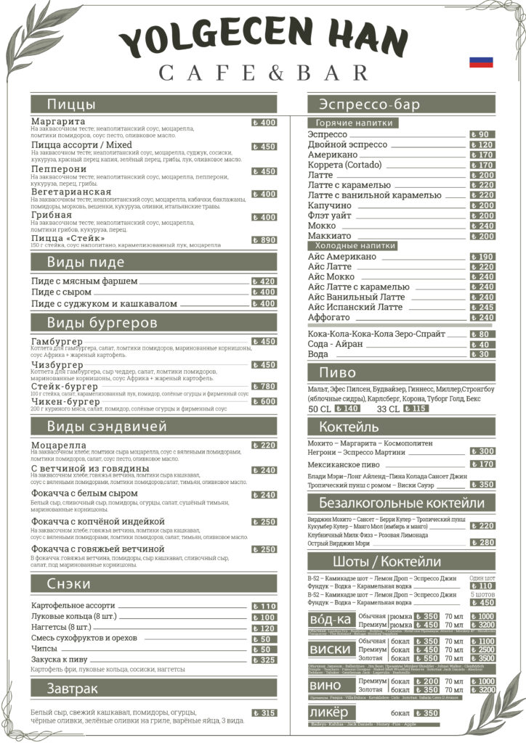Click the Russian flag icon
[x=481, y=62]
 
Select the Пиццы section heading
[x=70, y=104]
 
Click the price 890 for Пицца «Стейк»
[x=264, y=240]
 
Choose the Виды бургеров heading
[x=102, y=322]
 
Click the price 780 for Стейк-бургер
[x=264, y=387]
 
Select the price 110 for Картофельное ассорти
[x=264, y=606]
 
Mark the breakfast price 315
[x=264, y=713]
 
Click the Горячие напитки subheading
[x=354, y=123]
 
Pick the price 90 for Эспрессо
[x=482, y=134]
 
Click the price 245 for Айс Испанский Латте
[x=482, y=308]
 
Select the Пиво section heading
[x=338, y=373]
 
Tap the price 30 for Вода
[x=482, y=355]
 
